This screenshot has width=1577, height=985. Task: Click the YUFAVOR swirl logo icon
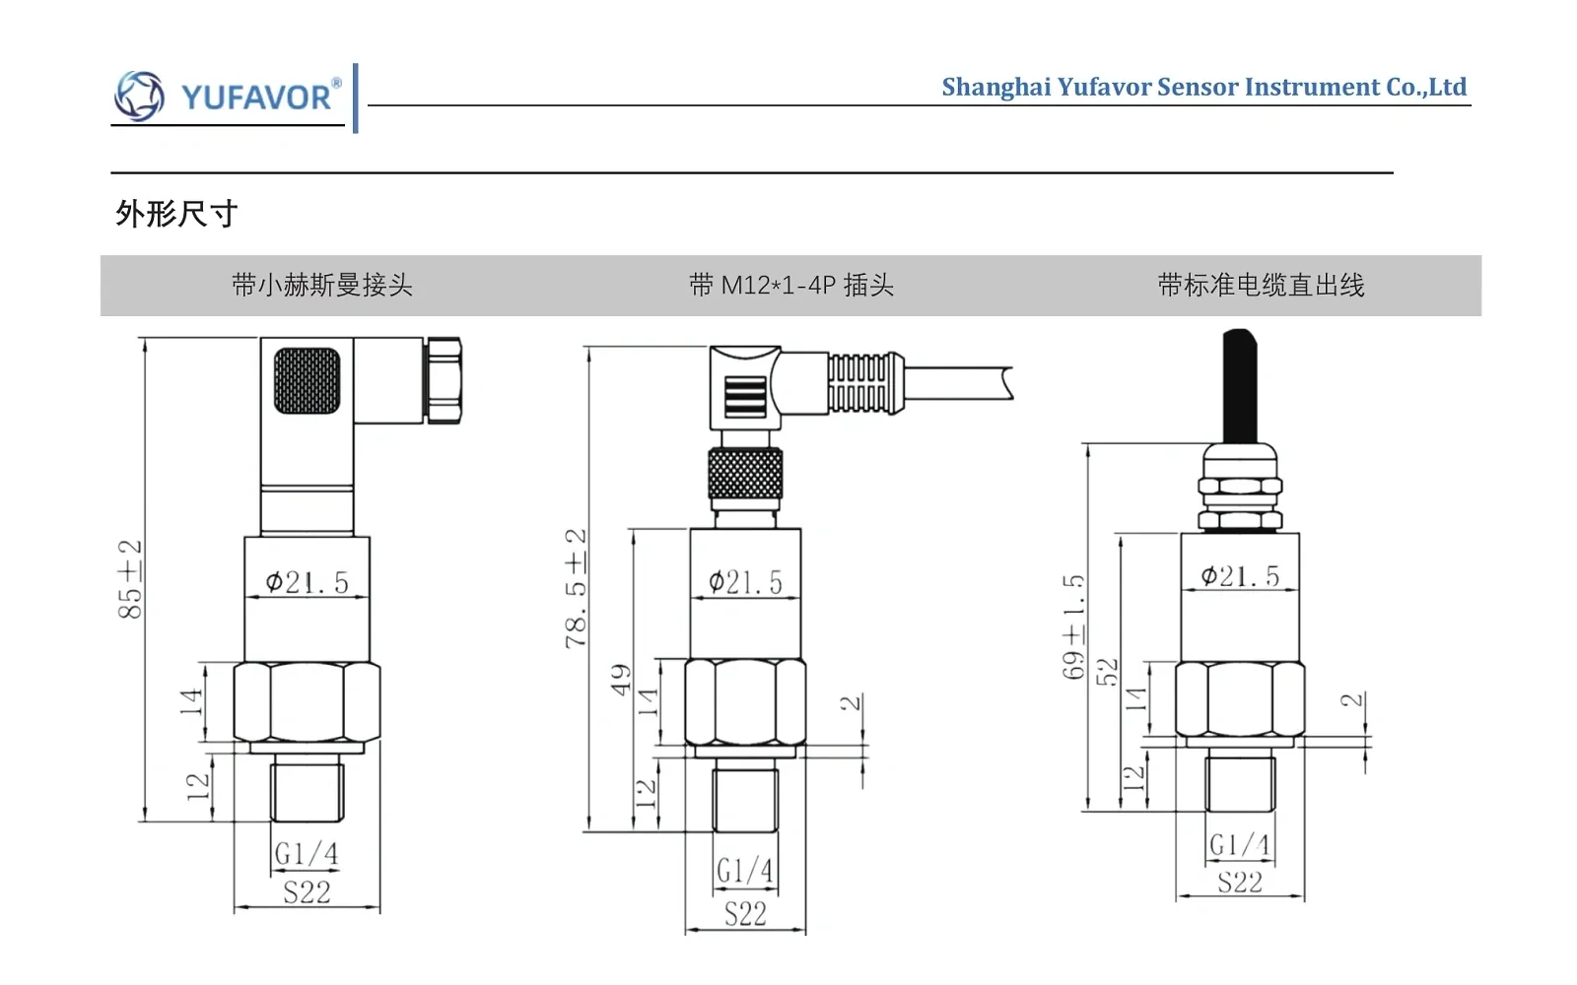(139, 96)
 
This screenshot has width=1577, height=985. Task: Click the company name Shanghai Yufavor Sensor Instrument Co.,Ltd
(1203, 87)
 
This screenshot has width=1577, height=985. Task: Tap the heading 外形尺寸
(176, 213)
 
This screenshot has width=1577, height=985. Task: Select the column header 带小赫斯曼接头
(321, 285)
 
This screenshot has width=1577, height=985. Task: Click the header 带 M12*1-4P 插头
(791, 285)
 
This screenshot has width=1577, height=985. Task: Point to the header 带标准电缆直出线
(1261, 285)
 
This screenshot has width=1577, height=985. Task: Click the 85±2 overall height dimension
(130, 579)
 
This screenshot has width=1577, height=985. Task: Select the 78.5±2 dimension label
(576, 588)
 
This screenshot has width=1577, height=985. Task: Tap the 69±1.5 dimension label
(1073, 626)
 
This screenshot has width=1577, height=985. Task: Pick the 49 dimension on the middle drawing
(620, 680)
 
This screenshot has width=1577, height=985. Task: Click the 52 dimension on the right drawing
(1107, 672)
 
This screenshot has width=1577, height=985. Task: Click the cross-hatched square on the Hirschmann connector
(307, 380)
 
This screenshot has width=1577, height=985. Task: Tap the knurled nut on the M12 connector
(745, 473)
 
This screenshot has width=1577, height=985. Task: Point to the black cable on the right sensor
(1240, 385)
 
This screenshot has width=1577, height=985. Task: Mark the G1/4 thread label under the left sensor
(307, 854)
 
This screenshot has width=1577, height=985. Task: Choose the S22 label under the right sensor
(1240, 882)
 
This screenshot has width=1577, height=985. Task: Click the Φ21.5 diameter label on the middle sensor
(745, 582)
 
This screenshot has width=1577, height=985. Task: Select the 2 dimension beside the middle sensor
(851, 703)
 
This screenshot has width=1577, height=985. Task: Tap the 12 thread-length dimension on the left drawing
(198, 787)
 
